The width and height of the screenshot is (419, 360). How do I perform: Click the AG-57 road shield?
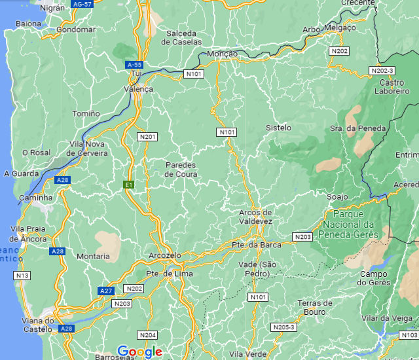click(82, 4)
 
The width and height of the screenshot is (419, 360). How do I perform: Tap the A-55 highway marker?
click(134, 64)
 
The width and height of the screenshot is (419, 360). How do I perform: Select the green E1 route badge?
click(130, 185)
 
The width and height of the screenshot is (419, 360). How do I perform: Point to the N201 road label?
click(147, 136)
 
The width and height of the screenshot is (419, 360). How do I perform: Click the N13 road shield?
click(22, 276)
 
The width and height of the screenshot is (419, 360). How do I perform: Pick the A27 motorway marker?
click(106, 290)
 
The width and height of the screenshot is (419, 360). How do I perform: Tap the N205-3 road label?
click(283, 327)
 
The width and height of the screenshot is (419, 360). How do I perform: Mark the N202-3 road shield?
click(382, 70)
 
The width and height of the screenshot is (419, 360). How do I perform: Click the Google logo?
click(140, 352)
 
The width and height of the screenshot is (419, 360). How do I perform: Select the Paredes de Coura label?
click(181, 169)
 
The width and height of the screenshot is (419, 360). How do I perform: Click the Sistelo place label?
click(279, 128)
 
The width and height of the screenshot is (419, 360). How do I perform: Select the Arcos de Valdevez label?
click(255, 217)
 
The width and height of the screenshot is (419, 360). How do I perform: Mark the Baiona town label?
click(28, 24)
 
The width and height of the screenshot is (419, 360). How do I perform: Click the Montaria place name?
click(94, 256)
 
